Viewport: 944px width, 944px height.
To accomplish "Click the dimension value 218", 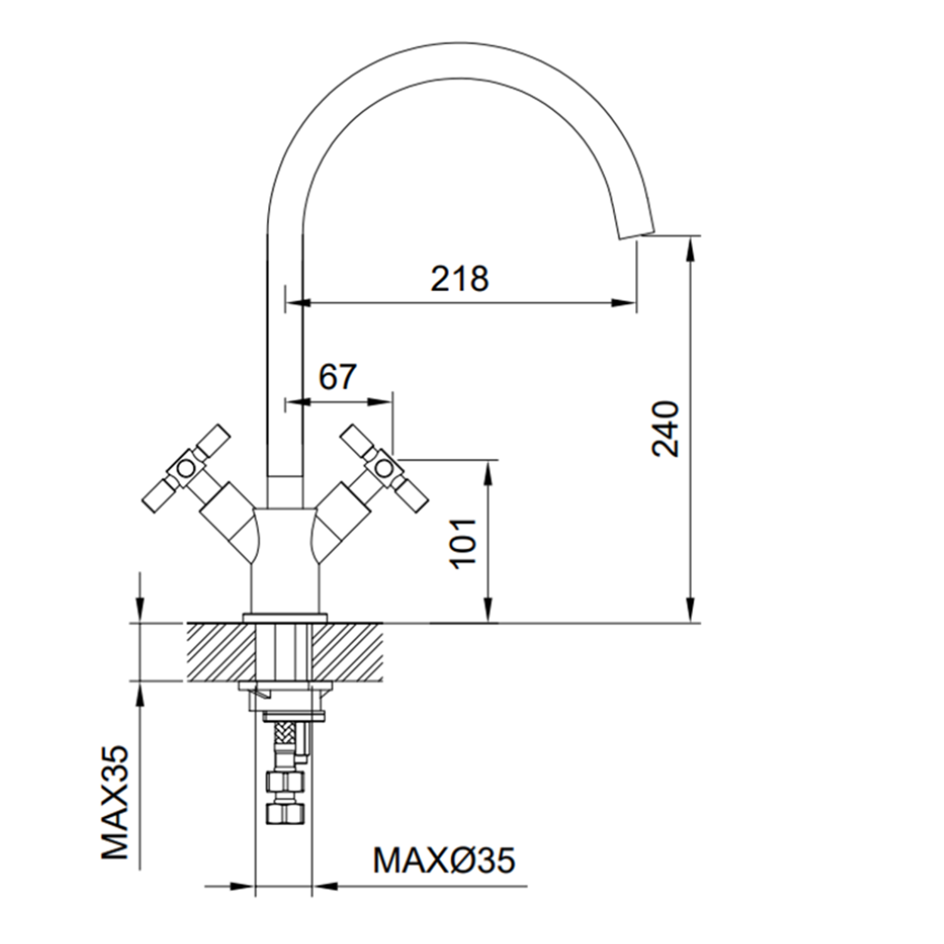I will pos(459,278).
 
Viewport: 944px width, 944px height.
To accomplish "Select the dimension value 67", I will pos(337,377).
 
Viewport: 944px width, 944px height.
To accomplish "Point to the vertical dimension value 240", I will pos(666,428).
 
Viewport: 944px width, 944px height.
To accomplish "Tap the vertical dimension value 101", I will pos(464,542).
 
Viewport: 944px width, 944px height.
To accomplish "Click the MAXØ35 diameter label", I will pos(444,860).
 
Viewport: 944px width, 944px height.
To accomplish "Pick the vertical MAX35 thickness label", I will pos(115,802).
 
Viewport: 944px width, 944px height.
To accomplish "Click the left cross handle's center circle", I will pos(185,468).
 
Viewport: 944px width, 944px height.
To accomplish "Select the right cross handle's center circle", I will pos(382,468).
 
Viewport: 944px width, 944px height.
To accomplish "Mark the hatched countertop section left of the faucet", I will pos(217,652).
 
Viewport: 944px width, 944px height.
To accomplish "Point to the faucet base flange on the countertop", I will pos(285,617).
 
